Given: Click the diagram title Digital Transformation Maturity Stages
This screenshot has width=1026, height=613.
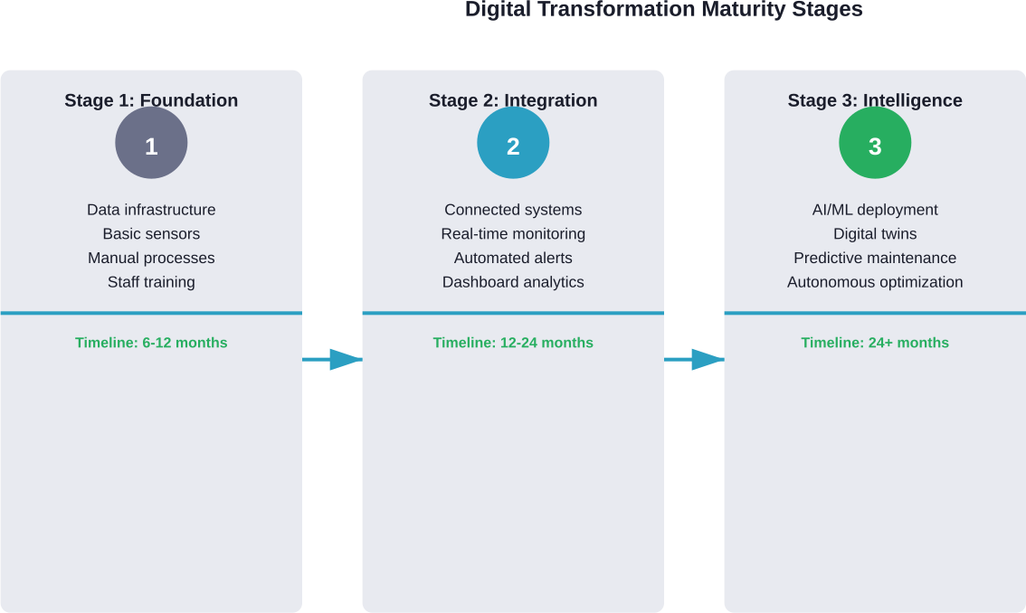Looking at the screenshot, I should pyautogui.click(x=663, y=10).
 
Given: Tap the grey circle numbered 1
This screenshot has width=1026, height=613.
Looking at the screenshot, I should pyautogui.click(x=151, y=144).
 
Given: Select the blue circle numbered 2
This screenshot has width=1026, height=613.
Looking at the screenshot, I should pyautogui.click(x=513, y=144).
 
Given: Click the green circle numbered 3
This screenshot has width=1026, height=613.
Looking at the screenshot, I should pyautogui.click(x=875, y=144).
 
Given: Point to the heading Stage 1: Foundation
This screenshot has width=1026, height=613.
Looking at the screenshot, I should pyautogui.click(x=151, y=100).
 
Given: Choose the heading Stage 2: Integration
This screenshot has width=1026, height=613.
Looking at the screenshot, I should pyautogui.click(x=513, y=100).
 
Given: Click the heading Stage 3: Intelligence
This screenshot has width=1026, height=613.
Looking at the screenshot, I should pyautogui.click(x=875, y=100).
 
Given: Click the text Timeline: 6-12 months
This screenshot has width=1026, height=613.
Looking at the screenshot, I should pyautogui.click(x=151, y=343).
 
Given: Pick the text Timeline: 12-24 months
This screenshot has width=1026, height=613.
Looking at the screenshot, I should pyautogui.click(x=513, y=343).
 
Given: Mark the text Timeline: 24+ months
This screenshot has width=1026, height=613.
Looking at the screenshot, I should pyautogui.click(x=875, y=343).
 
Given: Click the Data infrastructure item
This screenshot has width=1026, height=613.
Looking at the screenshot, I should pyautogui.click(x=151, y=210).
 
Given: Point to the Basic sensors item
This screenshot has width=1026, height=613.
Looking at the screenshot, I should pyautogui.click(x=151, y=234).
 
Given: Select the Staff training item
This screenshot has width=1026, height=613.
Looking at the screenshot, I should pyautogui.click(x=151, y=282).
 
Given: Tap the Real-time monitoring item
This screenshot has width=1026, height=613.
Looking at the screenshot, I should pyautogui.click(x=513, y=234).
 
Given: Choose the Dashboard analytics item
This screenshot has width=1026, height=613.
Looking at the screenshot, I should pyautogui.click(x=513, y=282).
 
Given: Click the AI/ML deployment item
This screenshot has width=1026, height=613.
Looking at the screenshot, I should pyautogui.click(x=875, y=210).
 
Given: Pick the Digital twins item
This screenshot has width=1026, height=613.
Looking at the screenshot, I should pyautogui.click(x=875, y=234).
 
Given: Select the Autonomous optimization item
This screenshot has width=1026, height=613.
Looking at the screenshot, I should pyautogui.click(x=875, y=282).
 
